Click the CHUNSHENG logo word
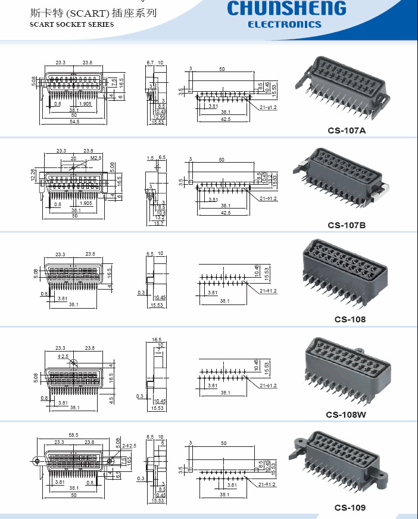[286, 9]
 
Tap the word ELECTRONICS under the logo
[284, 24]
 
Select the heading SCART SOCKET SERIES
[71, 25]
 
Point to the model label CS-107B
[347, 225]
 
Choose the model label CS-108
[350, 319]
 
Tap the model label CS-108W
[346, 415]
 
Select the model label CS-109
[350, 508]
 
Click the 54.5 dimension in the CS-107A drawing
[74, 122]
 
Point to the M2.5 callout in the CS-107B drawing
[96, 159]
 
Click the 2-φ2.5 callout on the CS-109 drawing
[130, 446]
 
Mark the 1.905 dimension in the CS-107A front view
[85, 104]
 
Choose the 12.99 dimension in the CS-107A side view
[158, 117]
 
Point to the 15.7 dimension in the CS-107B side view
[158, 223]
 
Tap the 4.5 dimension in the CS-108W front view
[111, 400]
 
